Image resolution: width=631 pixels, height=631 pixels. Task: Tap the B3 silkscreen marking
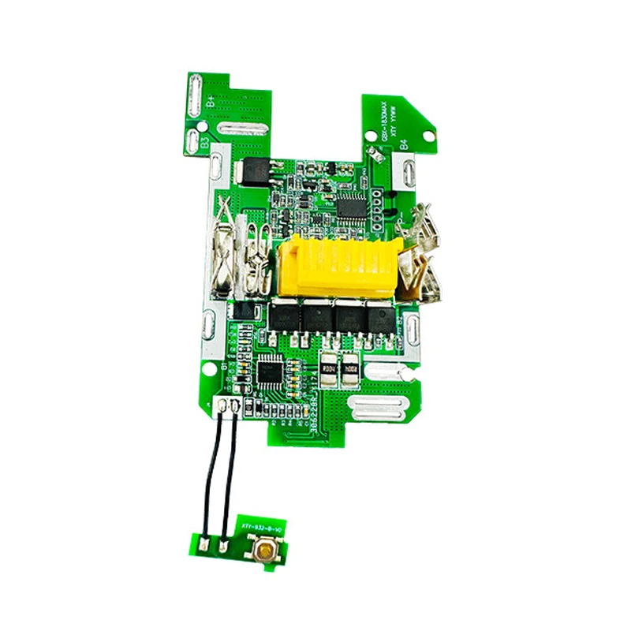pos(204,143)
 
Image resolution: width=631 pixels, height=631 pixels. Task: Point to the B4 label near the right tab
pos(403,144)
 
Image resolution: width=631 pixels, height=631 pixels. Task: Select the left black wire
pos(211,473)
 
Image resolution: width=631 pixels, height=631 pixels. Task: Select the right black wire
pos(230,473)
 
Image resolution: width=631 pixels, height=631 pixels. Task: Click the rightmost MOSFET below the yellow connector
pos(379,317)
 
